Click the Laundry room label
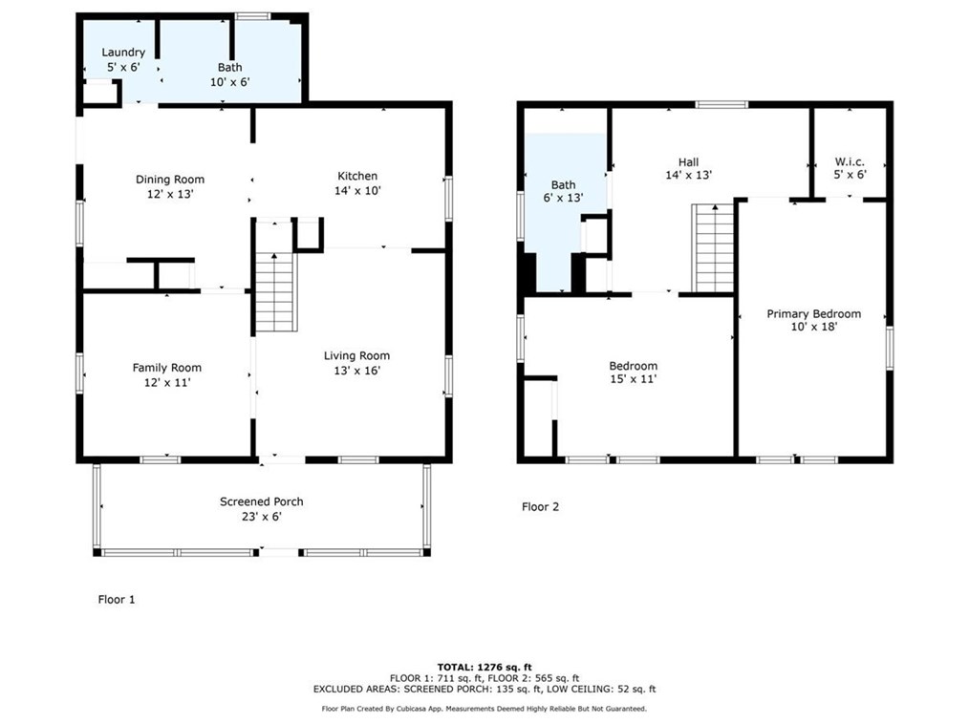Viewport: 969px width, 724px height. [123, 53]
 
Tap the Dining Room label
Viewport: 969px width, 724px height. [170, 180]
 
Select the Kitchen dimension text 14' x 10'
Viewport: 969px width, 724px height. [357, 191]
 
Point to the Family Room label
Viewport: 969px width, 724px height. [167, 368]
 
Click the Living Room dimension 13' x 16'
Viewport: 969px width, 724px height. [357, 371]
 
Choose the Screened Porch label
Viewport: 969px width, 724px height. [262, 501]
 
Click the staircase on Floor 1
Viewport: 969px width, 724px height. [276, 292]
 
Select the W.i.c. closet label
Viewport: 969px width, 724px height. [850, 161]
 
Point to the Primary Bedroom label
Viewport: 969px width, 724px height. [814, 314]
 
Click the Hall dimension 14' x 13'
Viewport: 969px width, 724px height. [688, 176]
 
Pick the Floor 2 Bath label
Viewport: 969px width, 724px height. [563, 184]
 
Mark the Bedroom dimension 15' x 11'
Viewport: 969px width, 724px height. [633, 379]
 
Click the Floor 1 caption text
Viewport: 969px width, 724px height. [117, 599]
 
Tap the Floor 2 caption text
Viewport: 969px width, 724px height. [540, 506]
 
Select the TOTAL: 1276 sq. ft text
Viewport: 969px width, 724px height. [484, 667]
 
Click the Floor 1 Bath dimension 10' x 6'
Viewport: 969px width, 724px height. [230, 82]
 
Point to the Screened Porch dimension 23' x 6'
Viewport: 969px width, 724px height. [262, 517]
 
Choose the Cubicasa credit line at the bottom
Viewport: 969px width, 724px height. [484, 709]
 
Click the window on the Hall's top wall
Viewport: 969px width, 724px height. [721, 104]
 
